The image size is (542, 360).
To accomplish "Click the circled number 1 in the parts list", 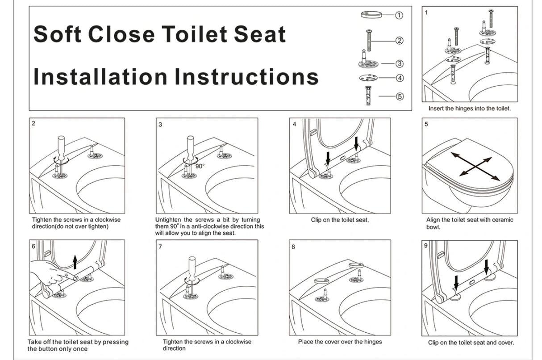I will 400,15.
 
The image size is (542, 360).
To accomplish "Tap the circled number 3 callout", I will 400,63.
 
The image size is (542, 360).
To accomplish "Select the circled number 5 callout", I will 400,96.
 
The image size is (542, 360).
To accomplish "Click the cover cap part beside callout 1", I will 371,15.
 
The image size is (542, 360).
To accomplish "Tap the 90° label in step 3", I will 200,166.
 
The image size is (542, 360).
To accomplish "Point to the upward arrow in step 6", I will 75,260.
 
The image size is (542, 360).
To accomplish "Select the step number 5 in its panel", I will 426,124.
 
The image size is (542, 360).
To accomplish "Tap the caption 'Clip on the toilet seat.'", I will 340,220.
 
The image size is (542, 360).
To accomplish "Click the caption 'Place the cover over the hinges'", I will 340,342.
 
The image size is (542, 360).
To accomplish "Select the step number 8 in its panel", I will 293,246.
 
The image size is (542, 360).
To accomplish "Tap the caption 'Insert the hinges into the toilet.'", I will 470,109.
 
